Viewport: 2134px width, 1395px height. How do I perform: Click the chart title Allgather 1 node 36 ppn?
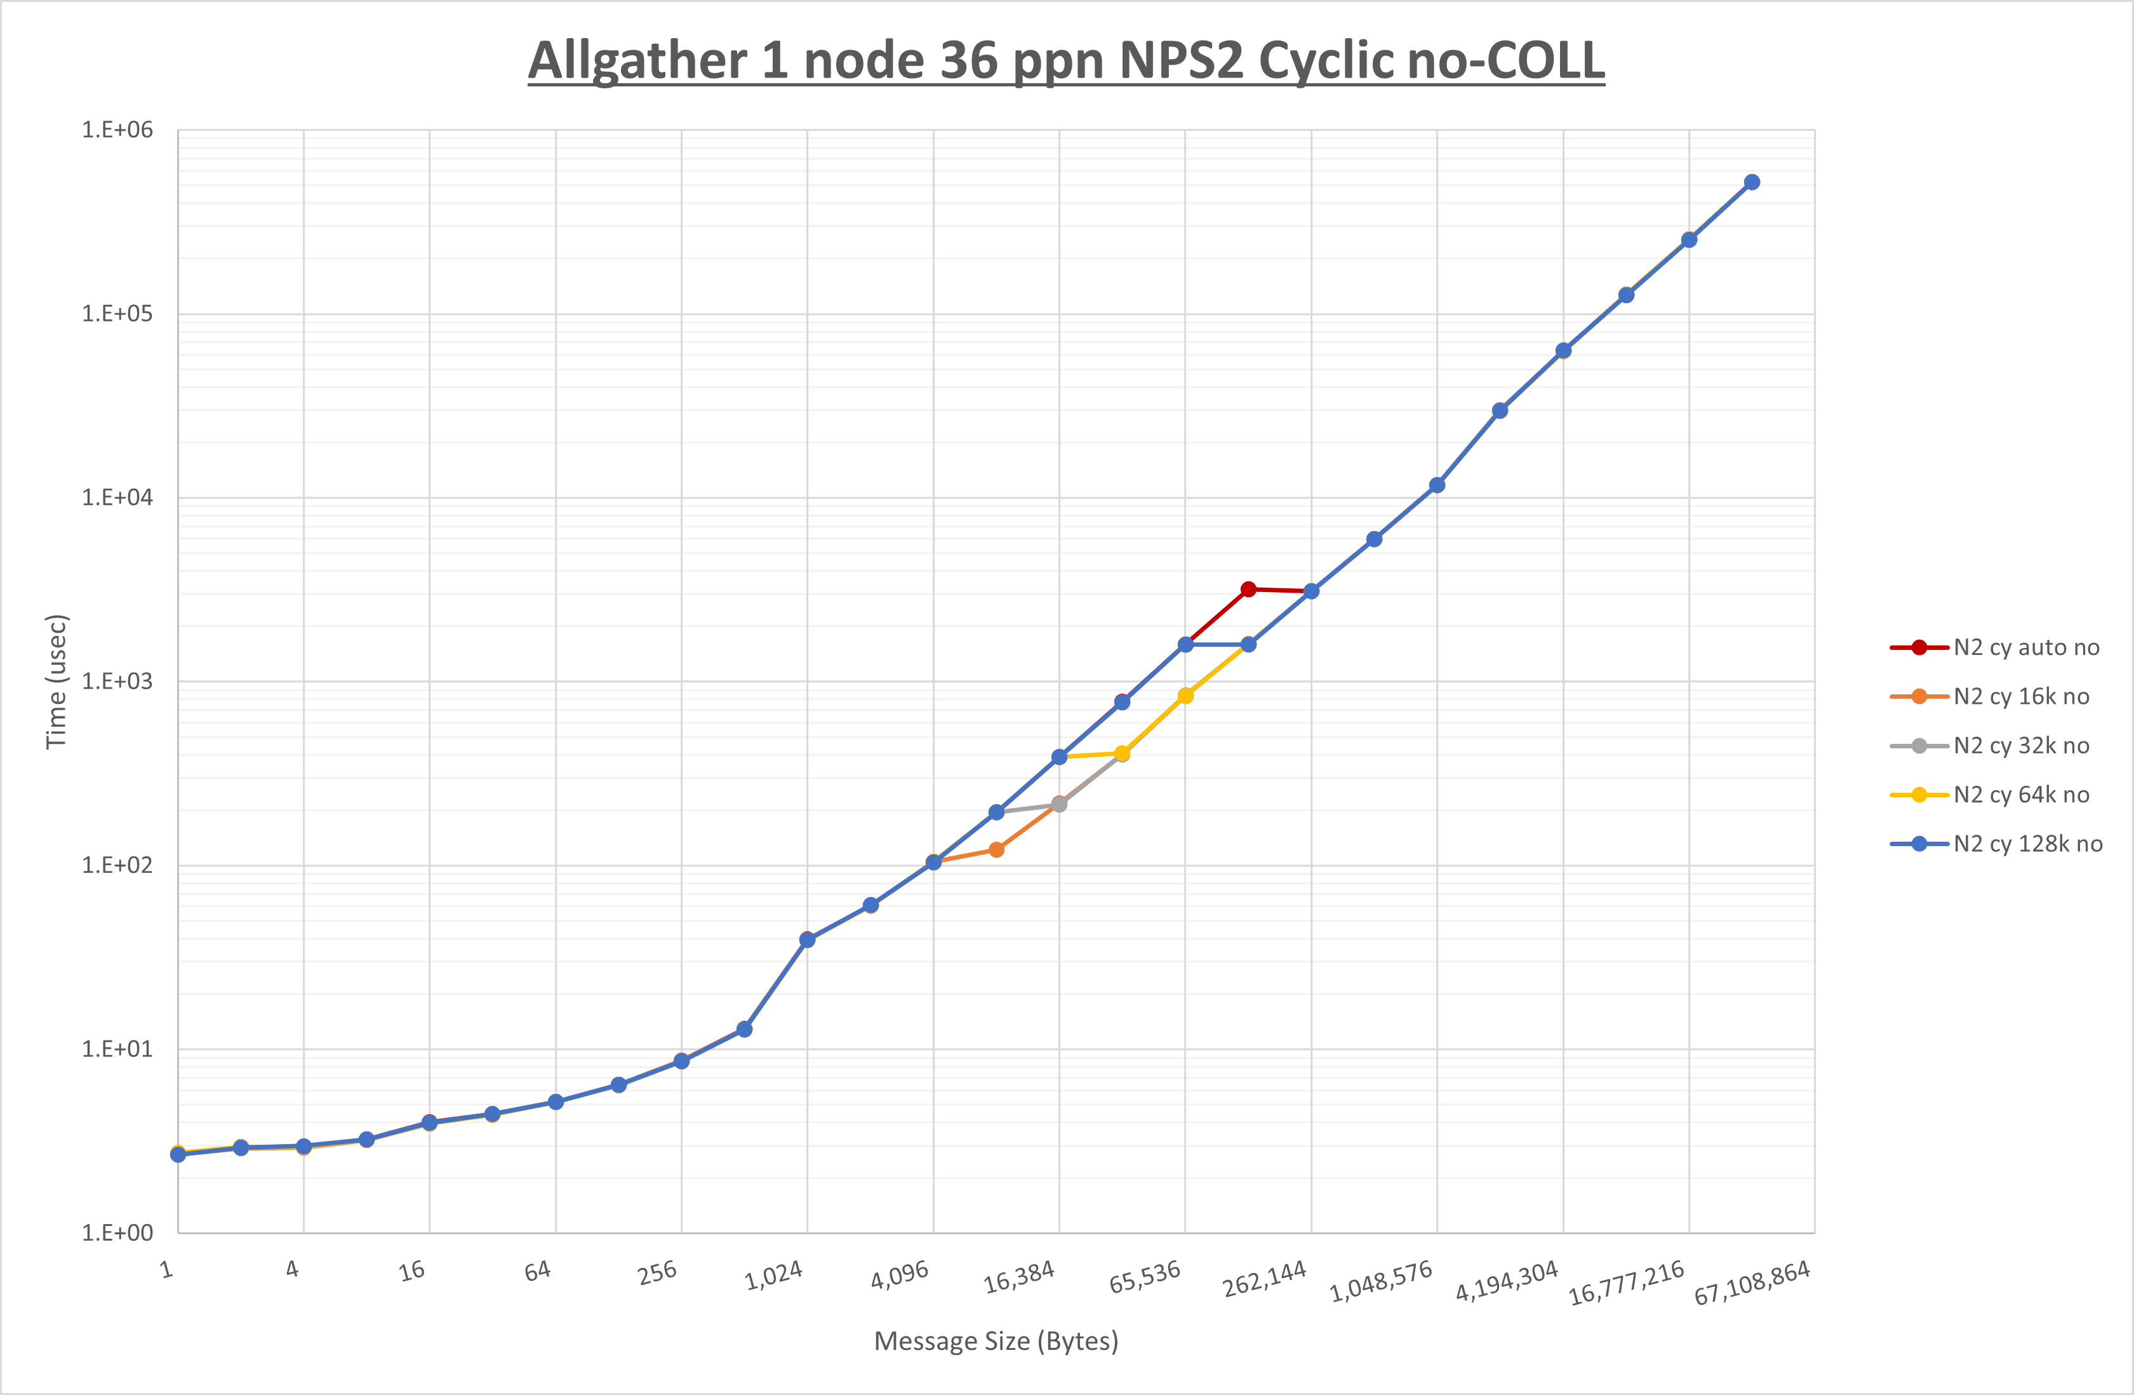[1065, 61]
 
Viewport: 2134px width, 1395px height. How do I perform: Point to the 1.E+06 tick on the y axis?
[117, 130]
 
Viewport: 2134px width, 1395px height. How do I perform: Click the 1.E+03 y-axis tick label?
[117, 681]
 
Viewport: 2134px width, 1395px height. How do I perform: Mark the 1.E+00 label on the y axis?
[117, 1232]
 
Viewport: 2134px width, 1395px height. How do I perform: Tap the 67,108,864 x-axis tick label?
[1752, 1282]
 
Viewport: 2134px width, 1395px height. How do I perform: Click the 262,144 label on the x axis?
[1264, 1278]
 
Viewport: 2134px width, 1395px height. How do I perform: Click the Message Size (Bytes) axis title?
[996, 1341]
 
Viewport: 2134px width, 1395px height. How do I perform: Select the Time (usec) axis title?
[57, 681]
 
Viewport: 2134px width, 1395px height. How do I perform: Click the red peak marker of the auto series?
[1248, 590]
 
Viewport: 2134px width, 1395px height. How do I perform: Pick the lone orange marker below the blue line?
[996, 849]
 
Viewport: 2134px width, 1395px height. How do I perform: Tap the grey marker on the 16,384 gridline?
[1059, 805]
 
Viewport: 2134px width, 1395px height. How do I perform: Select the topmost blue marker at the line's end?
[1752, 182]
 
